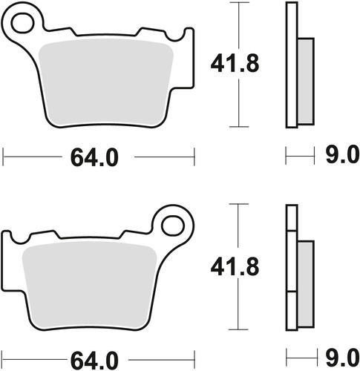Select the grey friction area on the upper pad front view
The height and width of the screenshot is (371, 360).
pyautogui.click(x=104, y=82)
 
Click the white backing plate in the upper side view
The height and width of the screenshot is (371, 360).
pyautogui.click(x=291, y=65)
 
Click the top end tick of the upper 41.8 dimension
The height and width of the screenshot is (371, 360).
pyautogui.click(x=238, y=3)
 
